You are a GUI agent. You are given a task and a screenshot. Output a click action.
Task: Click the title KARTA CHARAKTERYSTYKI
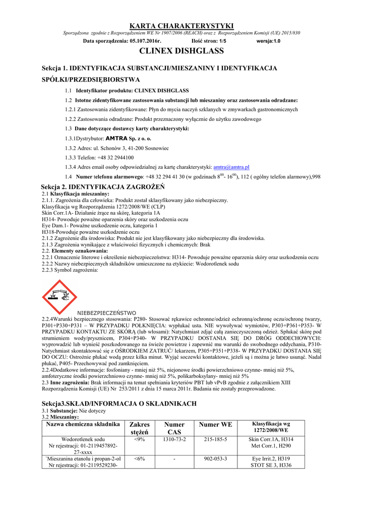pyautogui.click(x=182, y=26)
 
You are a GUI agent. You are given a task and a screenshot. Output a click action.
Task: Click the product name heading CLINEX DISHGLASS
pyautogui.click(x=182, y=51)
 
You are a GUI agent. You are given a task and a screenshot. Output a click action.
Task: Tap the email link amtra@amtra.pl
pyautogui.click(x=232, y=167)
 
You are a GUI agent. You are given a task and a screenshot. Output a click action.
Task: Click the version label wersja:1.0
pyautogui.click(x=268, y=41)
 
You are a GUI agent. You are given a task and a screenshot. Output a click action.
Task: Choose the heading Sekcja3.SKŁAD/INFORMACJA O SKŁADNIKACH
pyautogui.click(x=118, y=404)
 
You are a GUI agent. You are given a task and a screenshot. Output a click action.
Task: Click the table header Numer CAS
pyautogui.click(x=174, y=428)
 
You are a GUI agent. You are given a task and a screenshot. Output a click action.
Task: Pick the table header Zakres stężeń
pyautogui.click(x=140, y=428)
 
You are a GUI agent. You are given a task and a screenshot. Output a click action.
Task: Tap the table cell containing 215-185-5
pyautogui.click(x=216, y=439)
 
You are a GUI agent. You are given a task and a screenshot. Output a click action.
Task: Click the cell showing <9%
pyautogui.click(x=140, y=439)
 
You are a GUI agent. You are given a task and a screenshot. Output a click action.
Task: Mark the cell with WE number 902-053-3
pyautogui.click(x=216, y=459)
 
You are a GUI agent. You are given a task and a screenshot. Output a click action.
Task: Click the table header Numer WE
pyautogui.click(x=216, y=425)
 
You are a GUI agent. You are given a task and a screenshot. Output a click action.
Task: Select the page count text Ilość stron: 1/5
pyautogui.click(x=209, y=41)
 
